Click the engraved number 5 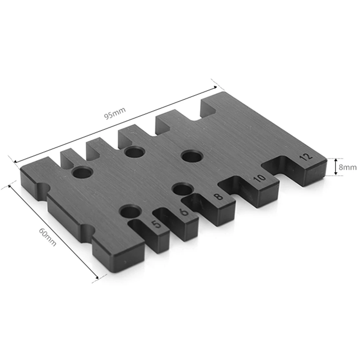[x=157, y=224]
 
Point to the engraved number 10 [x=260, y=178]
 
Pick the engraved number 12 [x=306, y=156]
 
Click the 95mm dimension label [x=115, y=113]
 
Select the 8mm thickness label [x=348, y=167]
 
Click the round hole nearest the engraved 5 [x=130, y=213]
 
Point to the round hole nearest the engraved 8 [x=183, y=190]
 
